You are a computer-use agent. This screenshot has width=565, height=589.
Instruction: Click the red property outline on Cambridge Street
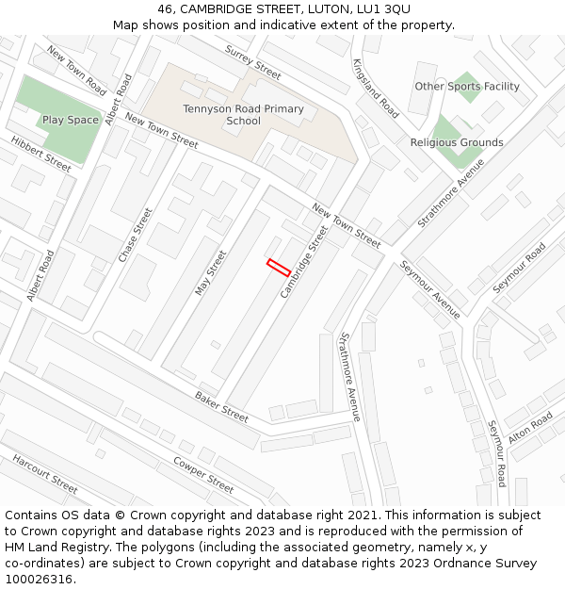pos(278,267)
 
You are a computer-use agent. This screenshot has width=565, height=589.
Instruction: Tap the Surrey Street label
pos(253,62)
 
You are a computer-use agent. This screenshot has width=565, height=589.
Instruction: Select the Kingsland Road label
pos(376,88)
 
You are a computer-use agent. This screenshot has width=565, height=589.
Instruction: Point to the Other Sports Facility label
pos(467,87)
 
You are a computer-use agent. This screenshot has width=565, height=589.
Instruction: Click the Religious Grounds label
pos(457,142)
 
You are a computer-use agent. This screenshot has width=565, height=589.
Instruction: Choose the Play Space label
pos(71,120)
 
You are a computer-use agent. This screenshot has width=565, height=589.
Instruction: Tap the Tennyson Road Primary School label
pos(244,115)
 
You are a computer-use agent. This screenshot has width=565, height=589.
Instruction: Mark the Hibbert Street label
pos(40,155)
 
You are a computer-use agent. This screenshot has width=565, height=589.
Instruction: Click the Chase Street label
pos(135,236)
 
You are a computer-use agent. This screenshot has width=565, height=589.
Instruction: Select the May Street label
pos(211,272)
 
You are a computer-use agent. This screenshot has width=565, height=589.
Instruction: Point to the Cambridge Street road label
pos(304,262)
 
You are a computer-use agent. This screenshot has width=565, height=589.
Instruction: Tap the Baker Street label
pos(222,407)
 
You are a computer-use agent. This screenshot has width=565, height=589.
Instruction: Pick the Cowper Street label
pos(203,475)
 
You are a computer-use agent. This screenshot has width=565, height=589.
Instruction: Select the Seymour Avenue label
pos(430,289)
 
